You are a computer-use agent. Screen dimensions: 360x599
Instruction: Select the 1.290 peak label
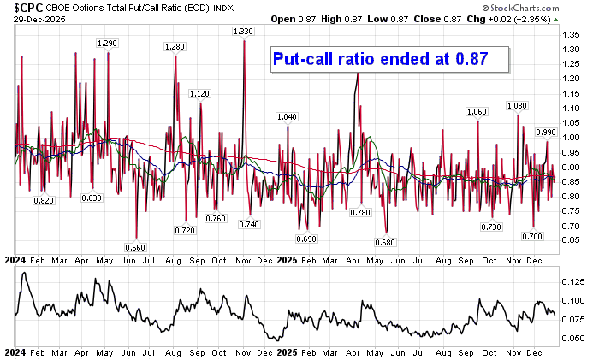click(107, 43)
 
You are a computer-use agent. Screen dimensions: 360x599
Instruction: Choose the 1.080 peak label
click(517, 105)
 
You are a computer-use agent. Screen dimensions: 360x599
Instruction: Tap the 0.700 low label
click(534, 235)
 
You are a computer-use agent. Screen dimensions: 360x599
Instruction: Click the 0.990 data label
click(546, 132)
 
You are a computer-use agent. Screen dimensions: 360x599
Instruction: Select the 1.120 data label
click(199, 93)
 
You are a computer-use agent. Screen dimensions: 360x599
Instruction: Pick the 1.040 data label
click(288, 116)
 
